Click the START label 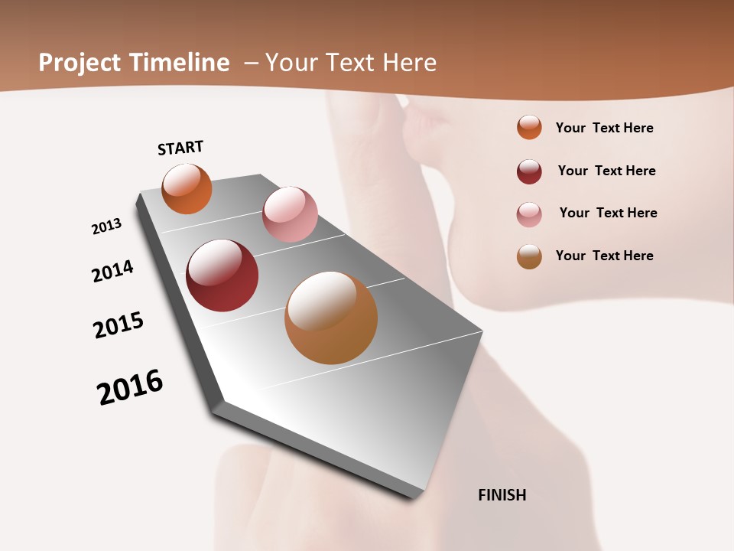180,148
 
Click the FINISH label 502,495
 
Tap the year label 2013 106,227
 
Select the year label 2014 112,271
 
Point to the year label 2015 119,325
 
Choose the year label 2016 130,387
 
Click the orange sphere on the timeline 187,189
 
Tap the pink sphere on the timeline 290,214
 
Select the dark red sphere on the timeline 222,275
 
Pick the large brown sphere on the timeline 331,318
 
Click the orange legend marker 529,127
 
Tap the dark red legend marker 529,171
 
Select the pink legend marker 529,214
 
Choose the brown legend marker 529,256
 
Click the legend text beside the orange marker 604,128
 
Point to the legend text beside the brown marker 604,256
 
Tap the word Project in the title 79,63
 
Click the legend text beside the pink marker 608,213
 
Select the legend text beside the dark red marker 606,171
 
